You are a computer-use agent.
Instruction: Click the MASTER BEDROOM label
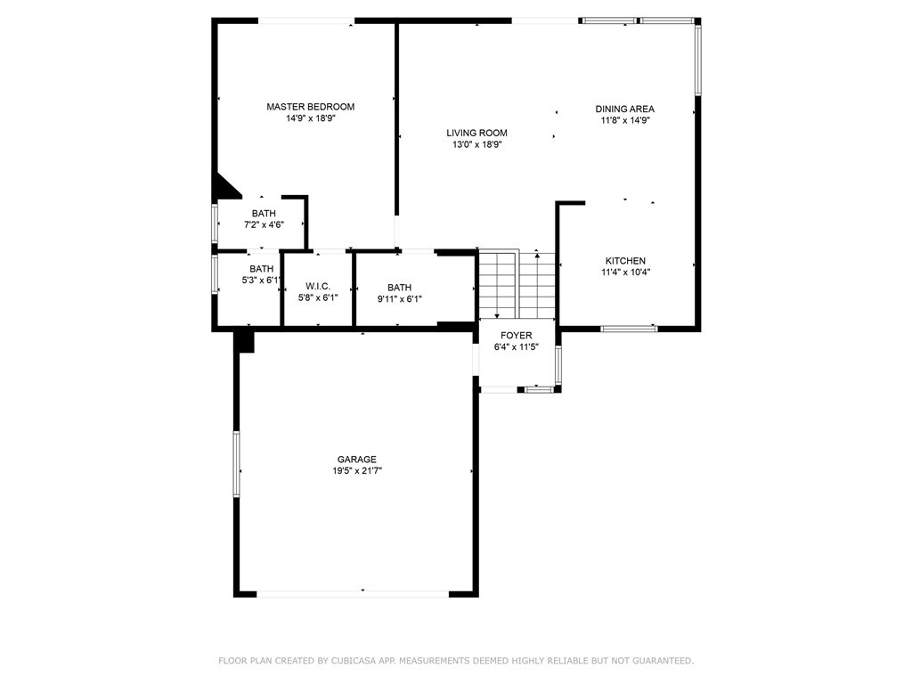tap(310, 107)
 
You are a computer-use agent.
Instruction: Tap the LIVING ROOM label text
tap(476, 133)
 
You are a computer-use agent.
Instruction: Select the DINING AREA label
tap(624, 109)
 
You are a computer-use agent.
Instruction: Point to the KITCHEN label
tap(625, 261)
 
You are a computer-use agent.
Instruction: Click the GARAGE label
tap(356, 460)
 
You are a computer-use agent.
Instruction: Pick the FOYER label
tap(516, 336)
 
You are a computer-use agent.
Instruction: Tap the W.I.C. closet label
tap(318, 286)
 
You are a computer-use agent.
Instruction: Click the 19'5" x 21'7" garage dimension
tap(356, 471)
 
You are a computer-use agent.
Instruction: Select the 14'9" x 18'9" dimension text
tap(310, 118)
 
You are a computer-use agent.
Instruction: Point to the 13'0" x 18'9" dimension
tap(476, 144)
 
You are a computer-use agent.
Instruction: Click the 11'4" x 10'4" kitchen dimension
tap(625, 273)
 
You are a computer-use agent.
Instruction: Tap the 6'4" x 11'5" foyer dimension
tap(516, 347)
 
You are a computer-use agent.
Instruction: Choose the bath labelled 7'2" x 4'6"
tap(264, 219)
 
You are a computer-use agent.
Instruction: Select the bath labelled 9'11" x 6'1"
tap(399, 293)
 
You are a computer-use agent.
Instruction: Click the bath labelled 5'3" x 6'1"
tap(261, 274)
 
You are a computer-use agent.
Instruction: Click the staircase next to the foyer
tap(517, 285)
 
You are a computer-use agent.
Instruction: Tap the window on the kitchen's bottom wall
tap(629, 329)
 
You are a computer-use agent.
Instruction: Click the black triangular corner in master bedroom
tap(224, 186)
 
